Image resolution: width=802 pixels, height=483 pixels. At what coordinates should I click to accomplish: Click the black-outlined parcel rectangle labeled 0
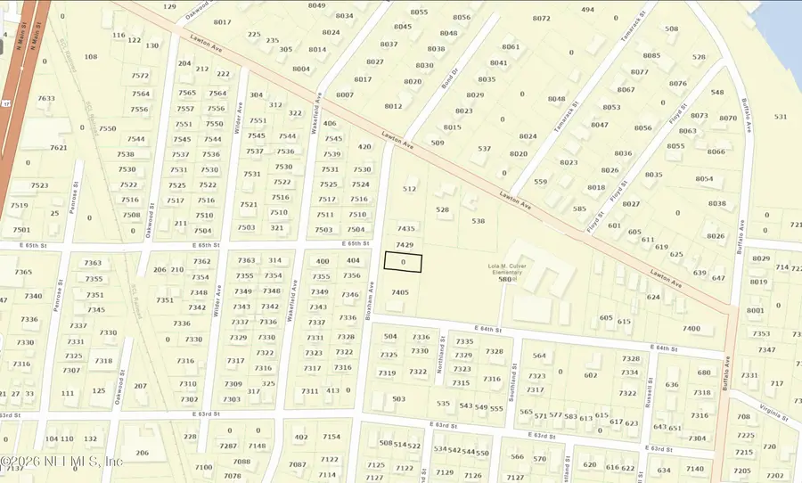(403, 262)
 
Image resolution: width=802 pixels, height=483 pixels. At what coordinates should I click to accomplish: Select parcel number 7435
(406, 229)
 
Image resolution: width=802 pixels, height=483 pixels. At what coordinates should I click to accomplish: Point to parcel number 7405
(400, 292)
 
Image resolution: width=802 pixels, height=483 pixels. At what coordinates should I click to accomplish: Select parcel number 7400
(692, 329)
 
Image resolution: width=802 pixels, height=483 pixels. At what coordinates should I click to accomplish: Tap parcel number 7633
(46, 99)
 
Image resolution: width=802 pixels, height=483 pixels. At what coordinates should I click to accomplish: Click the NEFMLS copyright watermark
(62, 462)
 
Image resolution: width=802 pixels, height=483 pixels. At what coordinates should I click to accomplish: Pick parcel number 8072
(541, 18)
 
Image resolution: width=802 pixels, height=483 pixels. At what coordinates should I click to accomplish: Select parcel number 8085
(651, 55)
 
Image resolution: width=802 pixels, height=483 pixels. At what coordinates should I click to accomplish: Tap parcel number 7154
(331, 437)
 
